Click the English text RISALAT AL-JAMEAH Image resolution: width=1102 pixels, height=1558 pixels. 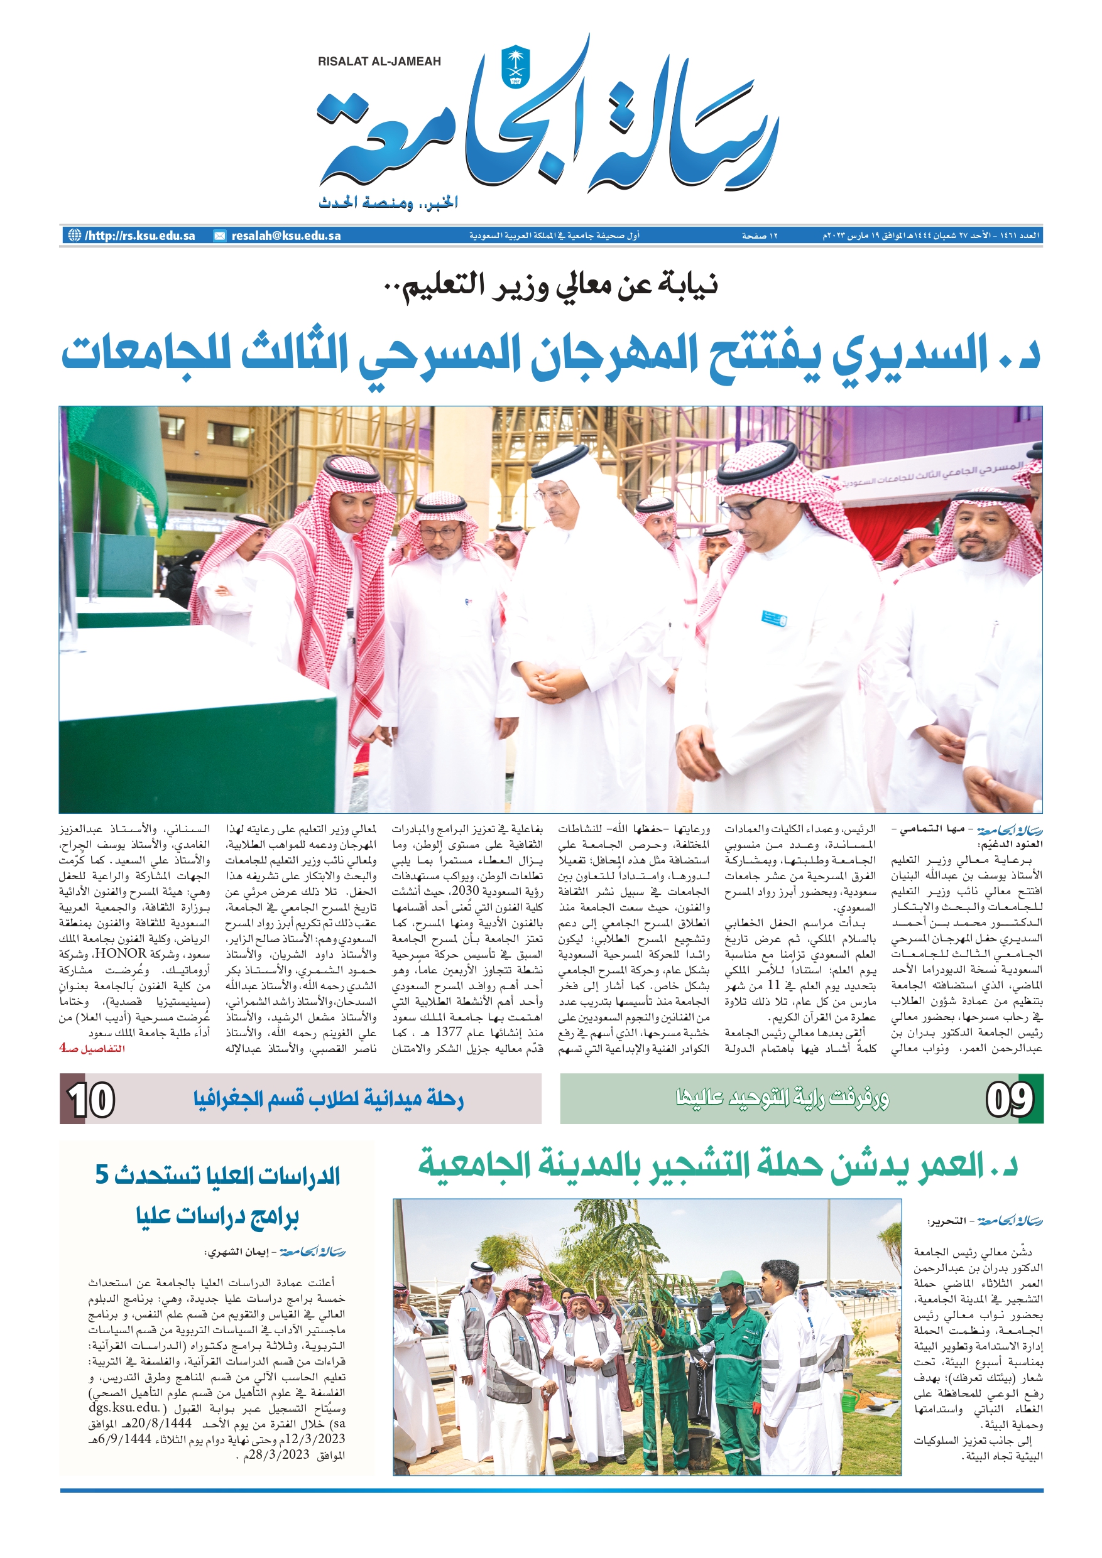[x=379, y=62]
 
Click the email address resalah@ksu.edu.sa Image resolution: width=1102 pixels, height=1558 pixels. [x=286, y=236]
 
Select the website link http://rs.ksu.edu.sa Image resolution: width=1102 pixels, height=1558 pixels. [x=140, y=236]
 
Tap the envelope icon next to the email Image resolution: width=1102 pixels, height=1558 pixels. [x=219, y=236]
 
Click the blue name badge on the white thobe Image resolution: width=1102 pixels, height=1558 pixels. [x=773, y=618]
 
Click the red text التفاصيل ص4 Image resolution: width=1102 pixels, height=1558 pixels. [x=92, y=1048]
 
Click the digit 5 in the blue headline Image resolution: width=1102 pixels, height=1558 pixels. [x=102, y=1173]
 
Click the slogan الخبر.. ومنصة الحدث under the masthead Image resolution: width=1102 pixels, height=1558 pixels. [x=388, y=202]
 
